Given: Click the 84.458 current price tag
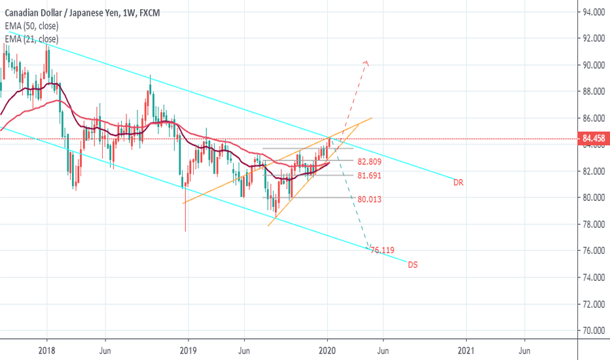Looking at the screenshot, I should [594, 139].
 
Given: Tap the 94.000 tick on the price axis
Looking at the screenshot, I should [594, 12].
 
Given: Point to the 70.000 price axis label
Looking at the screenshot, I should [594, 331].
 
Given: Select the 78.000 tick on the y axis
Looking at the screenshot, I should [594, 225].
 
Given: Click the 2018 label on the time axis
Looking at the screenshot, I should [46, 350].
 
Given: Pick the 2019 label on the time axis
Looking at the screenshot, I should [188, 350].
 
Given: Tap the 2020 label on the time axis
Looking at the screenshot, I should [327, 350].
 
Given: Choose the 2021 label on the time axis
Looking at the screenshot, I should [467, 350].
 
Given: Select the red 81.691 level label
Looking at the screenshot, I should [370, 176].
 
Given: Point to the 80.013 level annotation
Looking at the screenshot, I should [370, 200].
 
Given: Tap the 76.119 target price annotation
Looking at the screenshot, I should [383, 250].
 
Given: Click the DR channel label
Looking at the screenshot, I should [458, 183].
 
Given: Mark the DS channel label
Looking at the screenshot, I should [413, 265].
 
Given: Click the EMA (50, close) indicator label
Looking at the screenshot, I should [32, 26].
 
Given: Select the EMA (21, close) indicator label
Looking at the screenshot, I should [32, 40].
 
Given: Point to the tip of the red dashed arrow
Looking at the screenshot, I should [367, 62].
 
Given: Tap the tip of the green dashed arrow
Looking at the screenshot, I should [368, 247].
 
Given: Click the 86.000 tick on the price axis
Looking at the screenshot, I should [594, 118].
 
